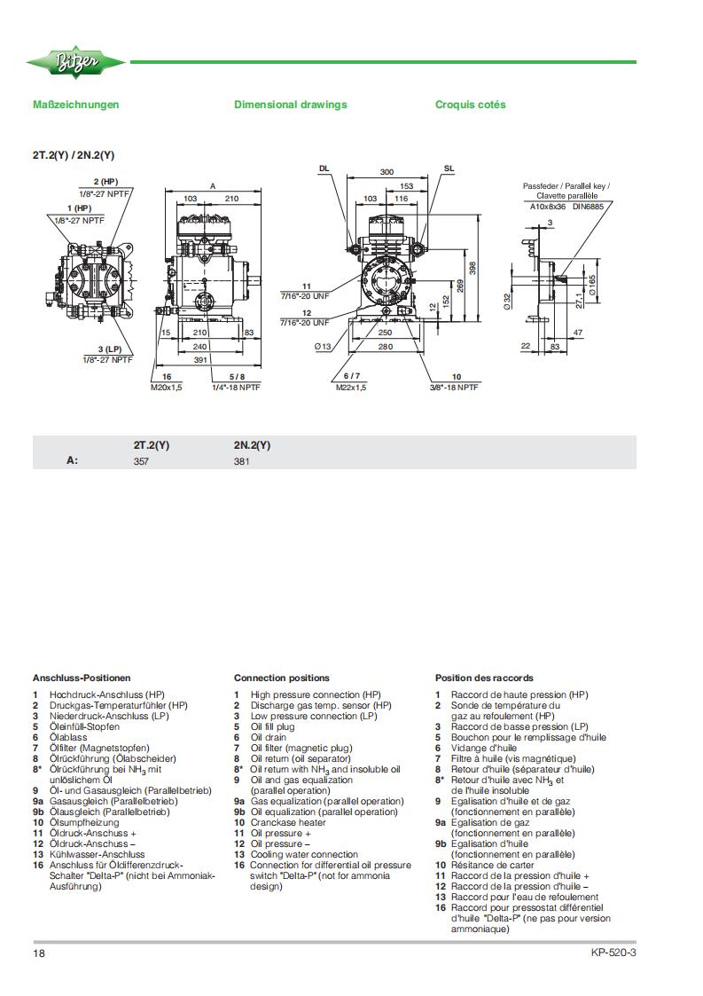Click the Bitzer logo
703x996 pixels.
(x=75, y=62)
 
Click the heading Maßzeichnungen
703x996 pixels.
(x=75, y=105)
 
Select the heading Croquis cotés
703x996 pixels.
(x=471, y=105)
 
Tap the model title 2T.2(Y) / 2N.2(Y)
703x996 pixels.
(x=74, y=155)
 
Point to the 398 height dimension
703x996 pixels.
(x=472, y=268)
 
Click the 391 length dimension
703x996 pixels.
(x=200, y=359)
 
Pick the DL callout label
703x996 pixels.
(x=324, y=169)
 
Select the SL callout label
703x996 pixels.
(x=449, y=169)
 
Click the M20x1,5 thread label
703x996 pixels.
(x=167, y=388)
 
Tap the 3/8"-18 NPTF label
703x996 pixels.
(x=454, y=388)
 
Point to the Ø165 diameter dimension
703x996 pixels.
(x=592, y=286)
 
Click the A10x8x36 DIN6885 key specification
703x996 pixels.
(x=567, y=207)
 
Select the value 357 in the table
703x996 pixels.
(x=141, y=462)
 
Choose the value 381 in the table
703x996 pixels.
(x=241, y=462)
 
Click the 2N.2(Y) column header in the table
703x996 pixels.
(x=252, y=445)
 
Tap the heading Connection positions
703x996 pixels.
(x=282, y=678)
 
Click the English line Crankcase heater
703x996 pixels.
(x=288, y=822)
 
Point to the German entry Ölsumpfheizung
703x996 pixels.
(x=84, y=822)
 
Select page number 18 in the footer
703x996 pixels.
(x=39, y=953)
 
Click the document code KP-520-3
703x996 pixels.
(x=613, y=953)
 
